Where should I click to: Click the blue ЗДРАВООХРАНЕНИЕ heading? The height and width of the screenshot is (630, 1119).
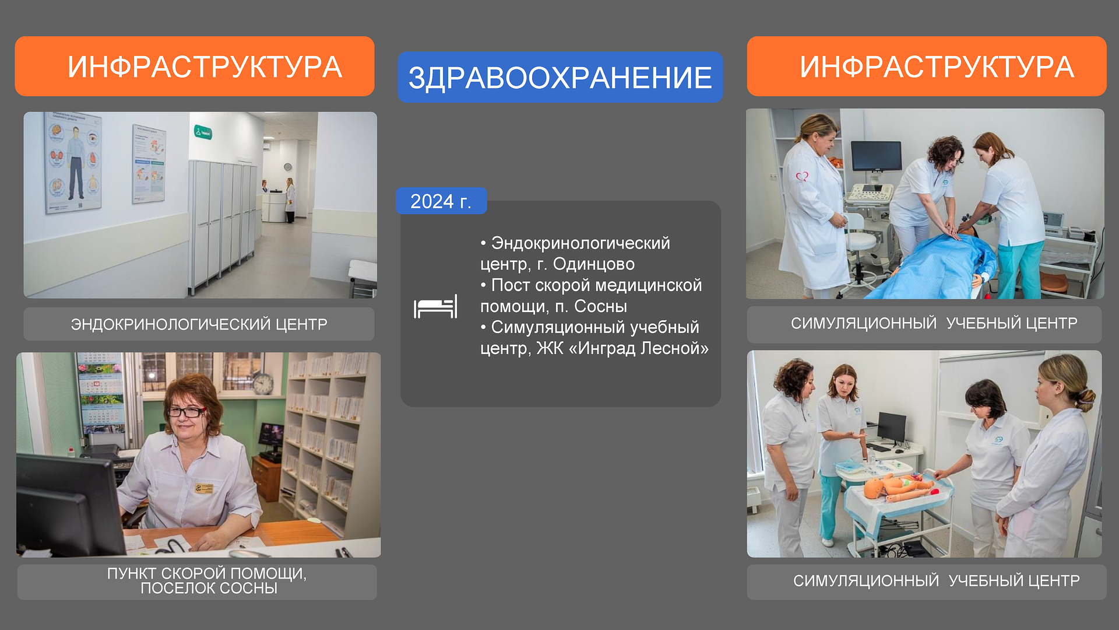(560, 77)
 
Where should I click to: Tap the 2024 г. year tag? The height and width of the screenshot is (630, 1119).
(441, 201)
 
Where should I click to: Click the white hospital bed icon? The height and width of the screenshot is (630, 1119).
(435, 307)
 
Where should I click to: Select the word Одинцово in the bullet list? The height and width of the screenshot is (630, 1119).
(593, 264)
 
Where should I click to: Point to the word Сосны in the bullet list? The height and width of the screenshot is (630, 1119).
(600, 306)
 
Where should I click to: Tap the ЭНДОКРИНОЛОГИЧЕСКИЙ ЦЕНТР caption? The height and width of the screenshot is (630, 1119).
(199, 324)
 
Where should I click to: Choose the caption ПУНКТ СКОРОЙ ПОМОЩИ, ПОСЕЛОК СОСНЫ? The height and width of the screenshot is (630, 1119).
(207, 581)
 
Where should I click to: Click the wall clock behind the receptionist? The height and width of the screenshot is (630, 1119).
(263, 383)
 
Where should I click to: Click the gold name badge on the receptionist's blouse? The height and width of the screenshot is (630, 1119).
(203, 488)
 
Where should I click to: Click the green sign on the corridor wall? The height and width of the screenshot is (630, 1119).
(203, 132)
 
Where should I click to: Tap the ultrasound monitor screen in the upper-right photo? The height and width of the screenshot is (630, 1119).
(876, 156)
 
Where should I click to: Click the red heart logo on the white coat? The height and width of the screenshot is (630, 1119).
(803, 176)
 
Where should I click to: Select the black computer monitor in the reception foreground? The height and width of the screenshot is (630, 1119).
(70, 505)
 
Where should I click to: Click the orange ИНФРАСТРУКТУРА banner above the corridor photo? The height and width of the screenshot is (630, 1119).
(195, 66)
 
